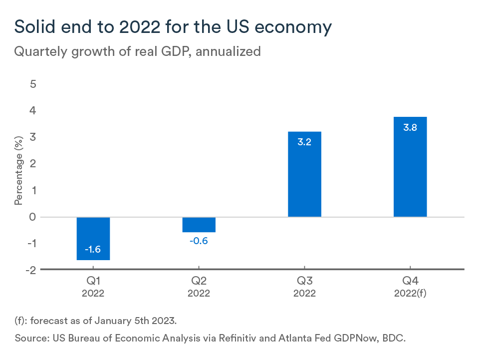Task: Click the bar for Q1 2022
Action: [93, 238]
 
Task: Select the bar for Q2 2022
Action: [199, 225]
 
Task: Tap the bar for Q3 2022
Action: [304, 174]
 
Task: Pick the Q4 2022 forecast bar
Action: [410, 167]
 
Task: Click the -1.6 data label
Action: [93, 250]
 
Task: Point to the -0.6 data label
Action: [199, 241]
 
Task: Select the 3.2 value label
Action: [304, 142]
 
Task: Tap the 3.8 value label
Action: [410, 127]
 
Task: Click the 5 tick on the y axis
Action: [33, 84]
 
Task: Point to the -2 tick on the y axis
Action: [31, 270]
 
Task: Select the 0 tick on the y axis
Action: [33, 217]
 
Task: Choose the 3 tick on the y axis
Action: [33, 137]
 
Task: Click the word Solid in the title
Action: [35, 27]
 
